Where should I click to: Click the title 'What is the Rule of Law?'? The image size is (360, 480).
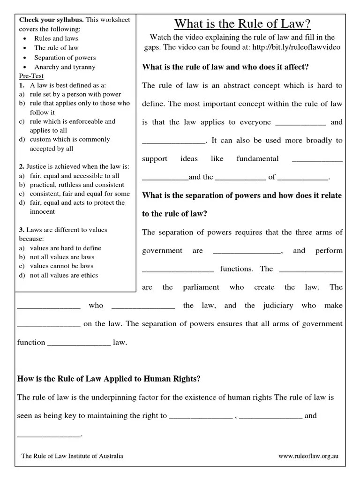pyautogui.click(x=242, y=23)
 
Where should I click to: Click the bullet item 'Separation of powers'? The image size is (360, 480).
pyautogui.click(x=65, y=57)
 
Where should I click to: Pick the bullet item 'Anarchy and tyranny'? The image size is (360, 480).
pyautogui.click(x=64, y=67)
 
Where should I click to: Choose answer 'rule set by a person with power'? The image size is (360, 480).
pyautogui.click(x=75, y=94)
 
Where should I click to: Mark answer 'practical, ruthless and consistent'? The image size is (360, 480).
pyautogui.click(x=77, y=185)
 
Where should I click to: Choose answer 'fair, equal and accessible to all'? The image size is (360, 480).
pyautogui.click(x=74, y=176)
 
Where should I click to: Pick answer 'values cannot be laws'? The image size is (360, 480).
pyautogui.click(x=61, y=266)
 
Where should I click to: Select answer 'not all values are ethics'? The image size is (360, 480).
pyautogui.click(x=64, y=275)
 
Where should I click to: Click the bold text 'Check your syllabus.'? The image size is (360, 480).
pyautogui.click(x=51, y=20)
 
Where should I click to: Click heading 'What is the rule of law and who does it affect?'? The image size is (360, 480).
pyautogui.click(x=225, y=67)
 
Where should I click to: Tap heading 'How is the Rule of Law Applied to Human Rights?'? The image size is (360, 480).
pyautogui.click(x=109, y=379)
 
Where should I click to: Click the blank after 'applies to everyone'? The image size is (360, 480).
pyautogui.click(x=300, y=123)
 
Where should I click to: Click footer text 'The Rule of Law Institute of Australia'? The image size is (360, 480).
pyautogui.click(x=73, y=456)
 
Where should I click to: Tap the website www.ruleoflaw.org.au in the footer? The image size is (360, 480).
pyautogui.click(x=308, y=456)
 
